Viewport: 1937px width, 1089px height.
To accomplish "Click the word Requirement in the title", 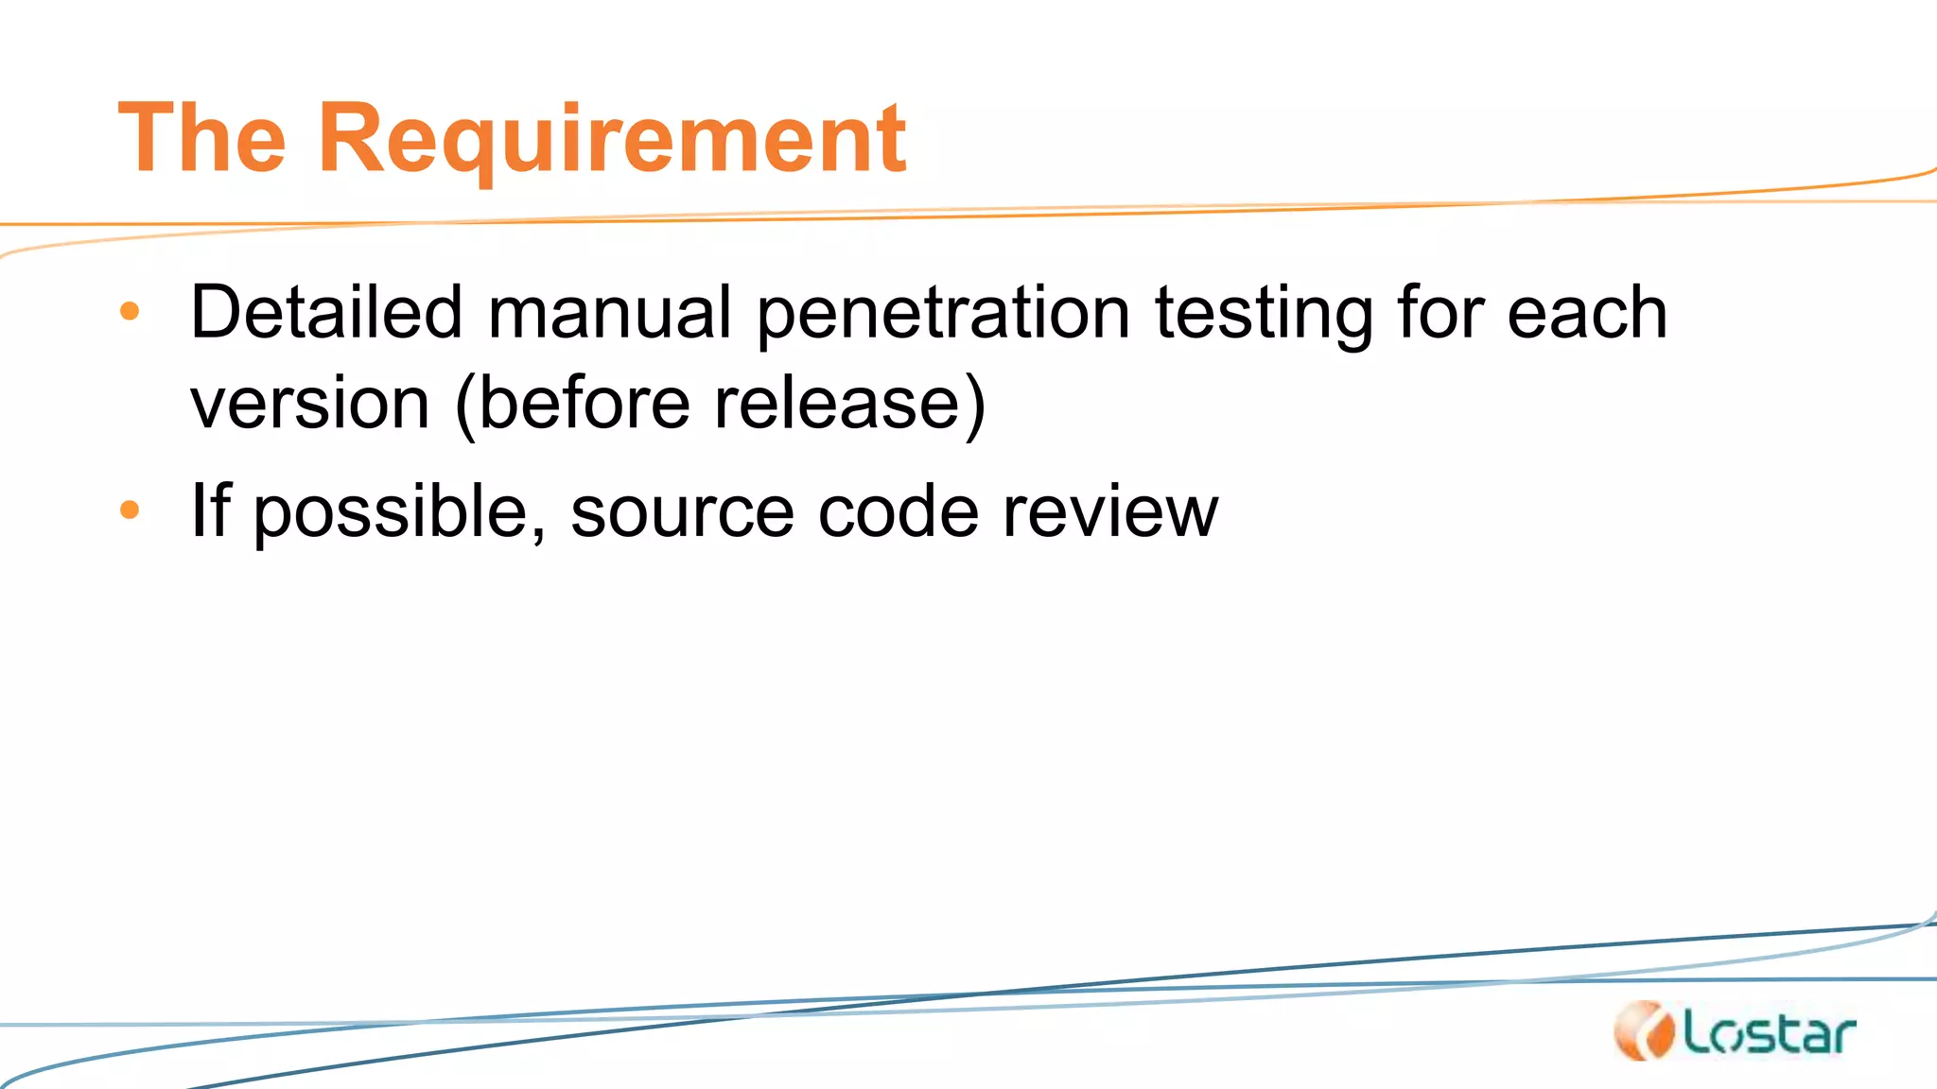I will [613, 139].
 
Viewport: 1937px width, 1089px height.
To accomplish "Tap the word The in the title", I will [201, 139].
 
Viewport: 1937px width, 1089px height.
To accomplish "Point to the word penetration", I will [943, 314].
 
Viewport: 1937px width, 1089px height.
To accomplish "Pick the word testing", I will [1265, 314].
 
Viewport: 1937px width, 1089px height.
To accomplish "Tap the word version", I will [310, 405].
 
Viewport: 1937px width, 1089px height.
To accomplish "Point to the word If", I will [210, 510].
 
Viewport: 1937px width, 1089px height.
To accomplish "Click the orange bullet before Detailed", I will [131, 311].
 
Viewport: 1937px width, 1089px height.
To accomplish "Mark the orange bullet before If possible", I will [131, 510].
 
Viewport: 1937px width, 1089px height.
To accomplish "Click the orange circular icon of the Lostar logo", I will [1645, 1030].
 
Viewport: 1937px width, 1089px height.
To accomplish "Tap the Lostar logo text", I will [1770, 1034].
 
